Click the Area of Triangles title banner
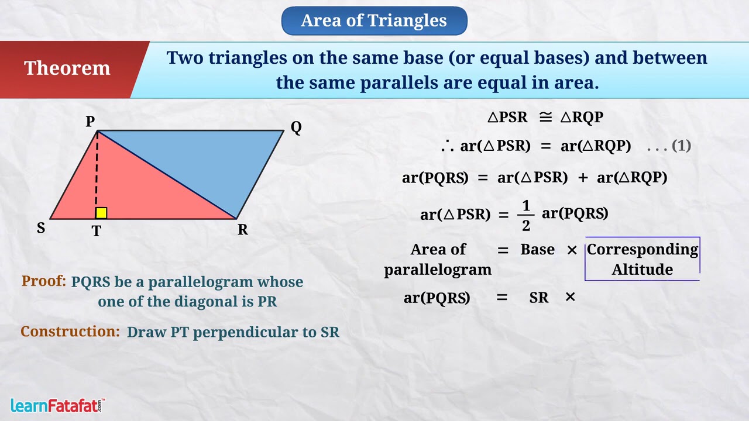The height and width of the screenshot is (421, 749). click(x=374, y=20)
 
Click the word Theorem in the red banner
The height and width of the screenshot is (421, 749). click(x=67, y=68)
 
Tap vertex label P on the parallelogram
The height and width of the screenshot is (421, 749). click(x=90, y=121)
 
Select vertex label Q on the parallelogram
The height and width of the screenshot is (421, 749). click(x=296, y=127)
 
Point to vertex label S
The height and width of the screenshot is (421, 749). click(x=41, y=228)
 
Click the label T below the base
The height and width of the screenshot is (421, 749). click(x=97, y=231)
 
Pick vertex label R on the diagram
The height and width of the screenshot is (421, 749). click(x=243, y=230)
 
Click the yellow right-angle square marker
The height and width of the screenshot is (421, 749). click(x=101, y=213)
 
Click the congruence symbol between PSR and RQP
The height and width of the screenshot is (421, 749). click(x=545, y=117)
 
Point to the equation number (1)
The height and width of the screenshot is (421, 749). click(x=681, y=146)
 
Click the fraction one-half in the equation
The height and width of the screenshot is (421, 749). click(x=526, y=216)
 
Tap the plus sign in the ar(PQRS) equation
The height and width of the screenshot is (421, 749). click(x=583, y=178)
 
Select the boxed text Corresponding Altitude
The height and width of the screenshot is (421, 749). click(x=643, y=259)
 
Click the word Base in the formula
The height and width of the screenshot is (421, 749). click(x=537, y=250)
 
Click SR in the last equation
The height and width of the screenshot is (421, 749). click(x=539, y=298)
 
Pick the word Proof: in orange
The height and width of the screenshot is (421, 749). click(x=43, y=281)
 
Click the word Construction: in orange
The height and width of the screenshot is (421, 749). click(x=70, y=331)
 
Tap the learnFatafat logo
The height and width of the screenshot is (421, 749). click(x=57, y=406)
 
